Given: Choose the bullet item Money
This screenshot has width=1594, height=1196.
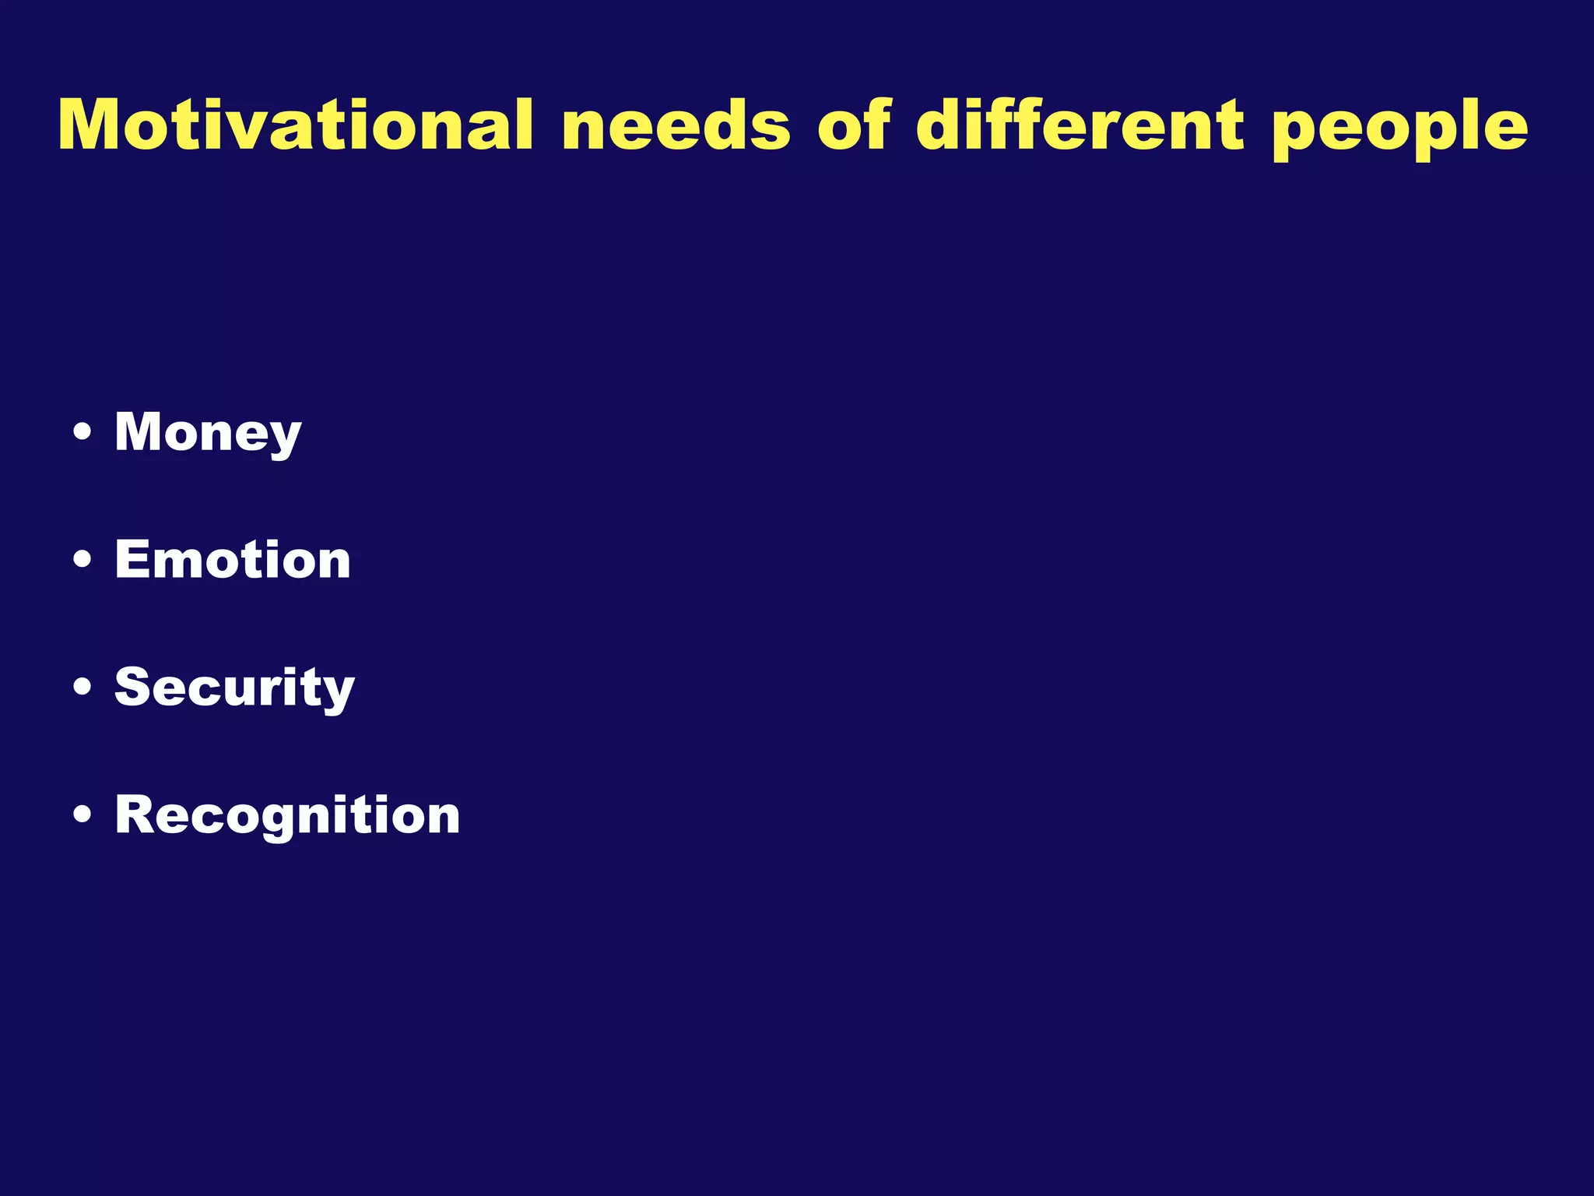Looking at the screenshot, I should click(x=208, y=432).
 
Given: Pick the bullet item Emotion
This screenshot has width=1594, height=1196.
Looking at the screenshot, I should click(x=233, y=560).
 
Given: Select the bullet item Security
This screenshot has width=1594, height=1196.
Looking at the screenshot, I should click(x=234, y=688).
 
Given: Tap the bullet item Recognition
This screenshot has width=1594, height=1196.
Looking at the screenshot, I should click(x=287, y=815).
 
